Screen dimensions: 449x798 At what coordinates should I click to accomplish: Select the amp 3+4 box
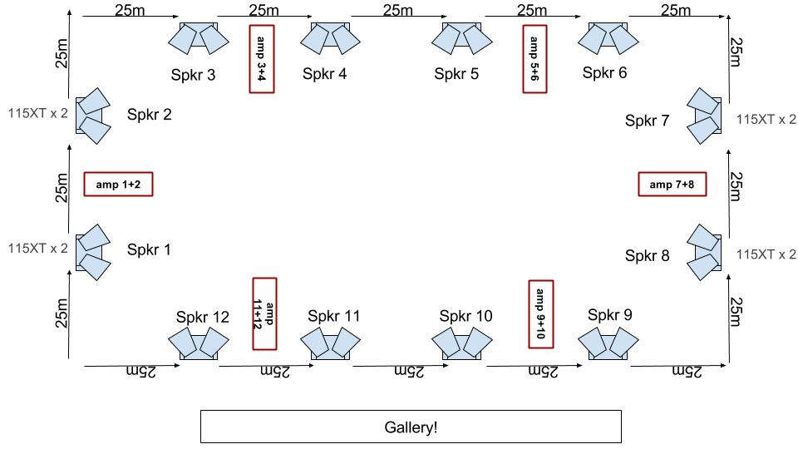click(x=262, y=58)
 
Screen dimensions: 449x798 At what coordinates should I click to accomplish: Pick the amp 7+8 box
click(x=672, y=184)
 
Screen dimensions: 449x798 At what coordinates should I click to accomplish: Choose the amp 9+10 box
click(x=540, y=313)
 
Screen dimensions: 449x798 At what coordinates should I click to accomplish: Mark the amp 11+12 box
click(x=264, y=310)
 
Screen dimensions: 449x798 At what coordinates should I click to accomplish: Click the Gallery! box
click(x=411, y=427)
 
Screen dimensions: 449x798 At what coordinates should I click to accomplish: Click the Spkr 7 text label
click(x=647, y=121)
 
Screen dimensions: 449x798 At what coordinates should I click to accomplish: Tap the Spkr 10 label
click(x=465, y=316)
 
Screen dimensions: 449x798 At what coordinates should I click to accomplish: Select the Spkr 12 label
click(x=202, y=317)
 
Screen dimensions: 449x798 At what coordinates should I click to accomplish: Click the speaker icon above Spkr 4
click(x=330, y=37)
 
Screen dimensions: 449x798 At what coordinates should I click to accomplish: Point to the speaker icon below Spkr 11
click(x=330, y=343)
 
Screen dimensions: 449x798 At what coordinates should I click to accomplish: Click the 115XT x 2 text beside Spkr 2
click(x=38, y=112)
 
